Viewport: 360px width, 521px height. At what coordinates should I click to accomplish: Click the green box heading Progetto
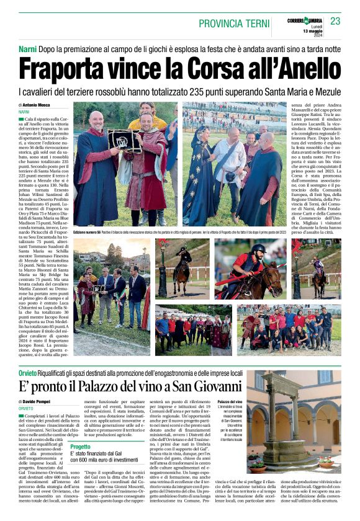(81, 447)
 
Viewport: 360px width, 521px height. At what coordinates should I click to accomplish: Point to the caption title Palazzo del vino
(230, 403)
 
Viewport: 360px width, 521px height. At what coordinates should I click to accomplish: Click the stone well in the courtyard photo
(279, 422)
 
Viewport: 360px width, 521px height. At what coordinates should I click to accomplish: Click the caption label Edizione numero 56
(87, 232)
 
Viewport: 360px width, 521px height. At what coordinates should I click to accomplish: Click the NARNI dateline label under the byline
(24, 112)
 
